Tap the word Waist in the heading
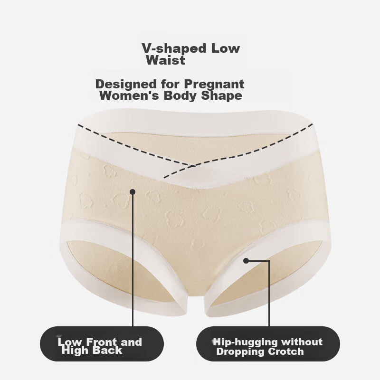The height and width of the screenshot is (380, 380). (166, 60)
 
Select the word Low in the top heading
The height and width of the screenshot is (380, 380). (226, 48)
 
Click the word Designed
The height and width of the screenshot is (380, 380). (126, 84)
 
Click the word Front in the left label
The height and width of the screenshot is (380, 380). (102, 342)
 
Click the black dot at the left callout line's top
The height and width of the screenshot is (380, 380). (133, 192)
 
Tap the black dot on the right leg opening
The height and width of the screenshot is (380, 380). (246, 261)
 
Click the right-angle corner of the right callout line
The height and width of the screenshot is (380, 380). (269, 261)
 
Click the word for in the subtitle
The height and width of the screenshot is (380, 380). (171, 84)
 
